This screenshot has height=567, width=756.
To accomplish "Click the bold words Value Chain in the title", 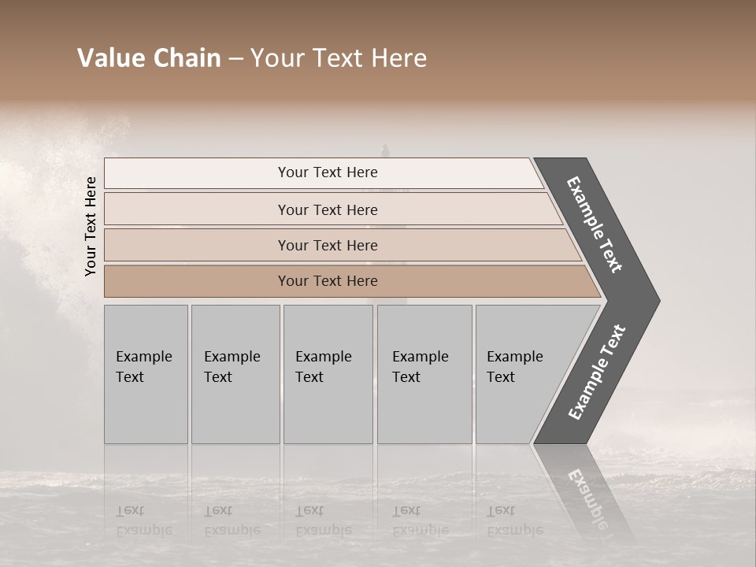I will (x=149, y=58).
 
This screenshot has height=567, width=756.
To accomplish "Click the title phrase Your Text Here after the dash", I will (x=339, y=58).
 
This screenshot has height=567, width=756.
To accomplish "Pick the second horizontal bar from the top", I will (x=328, y=209).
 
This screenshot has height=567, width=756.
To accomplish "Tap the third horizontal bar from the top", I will (x=328, y=245).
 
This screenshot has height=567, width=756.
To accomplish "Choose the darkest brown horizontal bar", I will (x=328, y=281).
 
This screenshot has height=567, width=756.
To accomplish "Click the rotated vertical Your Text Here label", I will (x=91, y=226).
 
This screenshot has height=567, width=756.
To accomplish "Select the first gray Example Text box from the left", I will (x=146, y=374).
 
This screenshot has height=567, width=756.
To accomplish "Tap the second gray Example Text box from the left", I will (x=235, y=374).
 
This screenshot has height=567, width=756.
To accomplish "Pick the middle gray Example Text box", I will (x=328, y=374).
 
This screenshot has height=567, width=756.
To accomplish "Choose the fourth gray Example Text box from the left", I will (x=424, y=374).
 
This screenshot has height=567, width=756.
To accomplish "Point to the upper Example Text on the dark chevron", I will (x=595, y=224).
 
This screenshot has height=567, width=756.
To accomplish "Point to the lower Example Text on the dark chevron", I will (x=597, y=372).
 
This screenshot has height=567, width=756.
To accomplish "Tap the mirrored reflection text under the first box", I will (x=144, y=521).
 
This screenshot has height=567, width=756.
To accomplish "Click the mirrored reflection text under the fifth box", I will (x=514, y=521).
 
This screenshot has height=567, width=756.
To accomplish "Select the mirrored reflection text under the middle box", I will (x=323, y=521).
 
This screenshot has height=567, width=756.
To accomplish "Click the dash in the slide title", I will (x=235, y=59).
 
